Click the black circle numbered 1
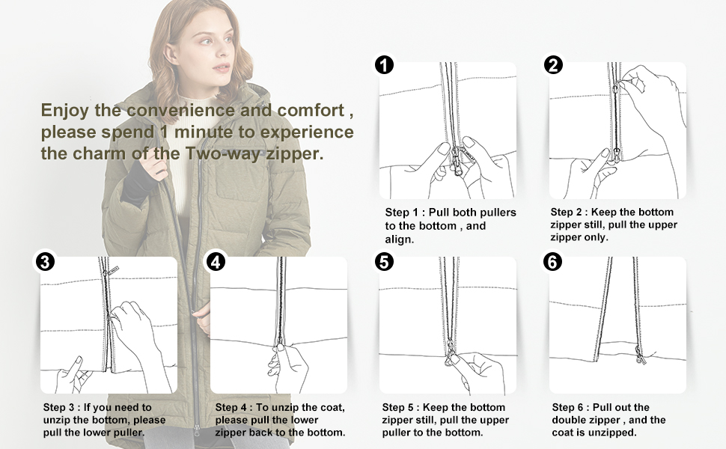coord(385,65)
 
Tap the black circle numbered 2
coord(554,65)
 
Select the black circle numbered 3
coord(46,262)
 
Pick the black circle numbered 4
coord(216,262)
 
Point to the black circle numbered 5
coord(385,262)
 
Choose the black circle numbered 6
coord(554,262)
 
